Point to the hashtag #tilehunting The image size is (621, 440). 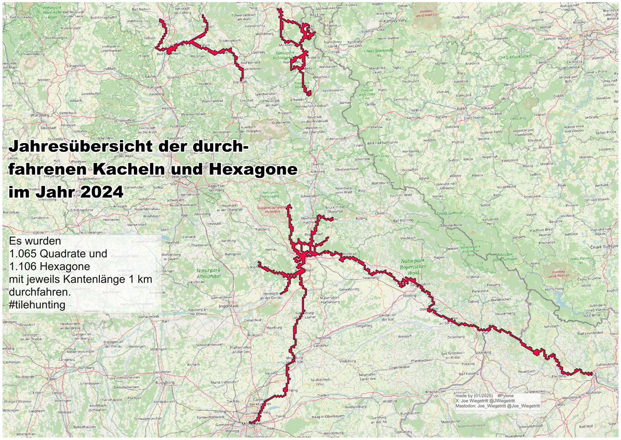pos(37,305)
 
